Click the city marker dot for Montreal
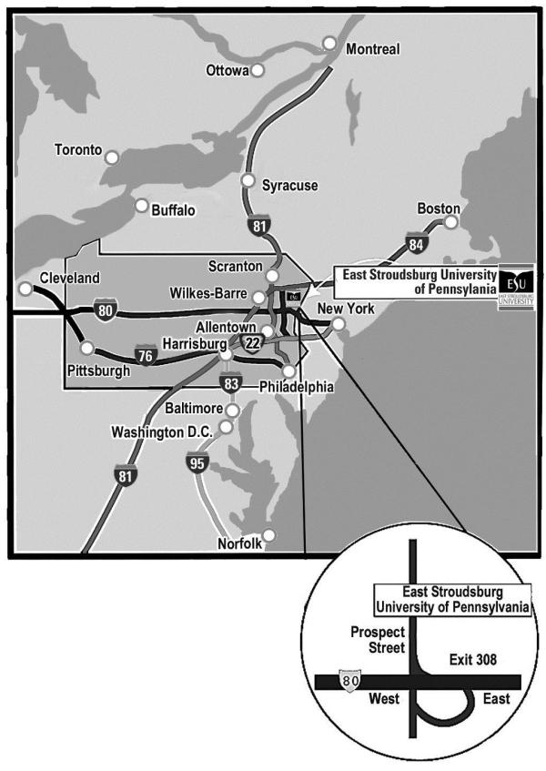point(329,43)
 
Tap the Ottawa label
point(227,70)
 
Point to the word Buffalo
point(173,209)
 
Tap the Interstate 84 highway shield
point(416,243)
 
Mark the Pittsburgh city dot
point(86,347)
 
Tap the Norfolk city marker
point(268,535)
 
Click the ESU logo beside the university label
point(516,283)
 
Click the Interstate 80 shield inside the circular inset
point(346,681)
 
